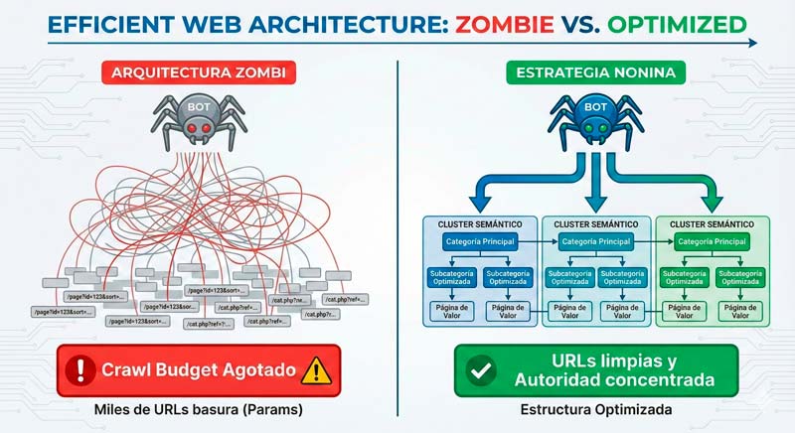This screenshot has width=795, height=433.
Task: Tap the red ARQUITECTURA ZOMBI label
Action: pos(198,72)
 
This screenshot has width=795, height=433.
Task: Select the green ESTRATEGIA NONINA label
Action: pos(595,72)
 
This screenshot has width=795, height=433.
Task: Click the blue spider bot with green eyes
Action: pos(595,117)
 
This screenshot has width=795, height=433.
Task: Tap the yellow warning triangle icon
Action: pos(316,370)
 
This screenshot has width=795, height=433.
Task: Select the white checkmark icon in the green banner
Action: pos(481,370)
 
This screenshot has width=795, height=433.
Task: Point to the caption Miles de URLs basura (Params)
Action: pos(198,409)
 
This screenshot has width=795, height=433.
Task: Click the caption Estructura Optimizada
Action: pos(595,409)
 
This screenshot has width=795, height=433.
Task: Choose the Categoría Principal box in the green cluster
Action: pos(710,241)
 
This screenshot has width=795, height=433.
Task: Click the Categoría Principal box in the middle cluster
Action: pos(595,241)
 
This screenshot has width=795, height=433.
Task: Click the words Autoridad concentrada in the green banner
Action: pos(606,381)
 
